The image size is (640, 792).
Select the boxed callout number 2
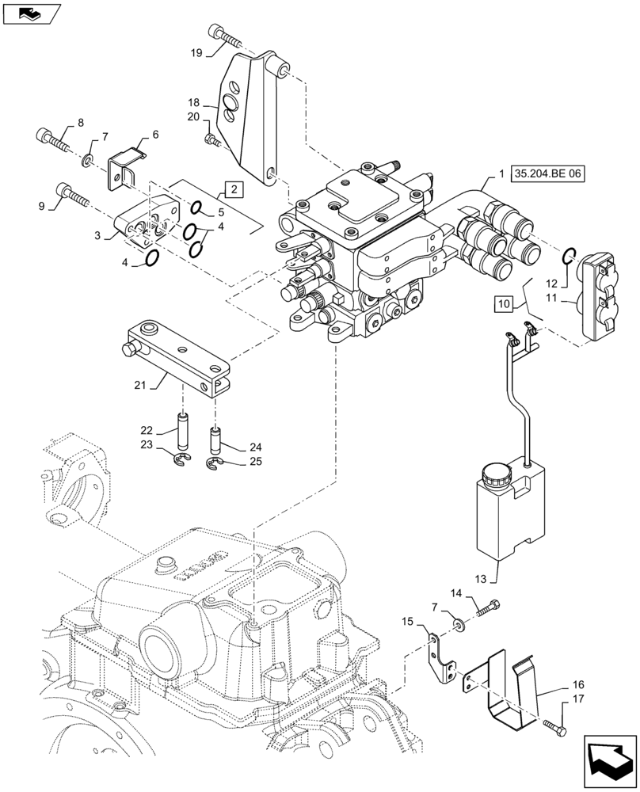click(234, 189)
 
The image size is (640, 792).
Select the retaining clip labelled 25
click(215, 463)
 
